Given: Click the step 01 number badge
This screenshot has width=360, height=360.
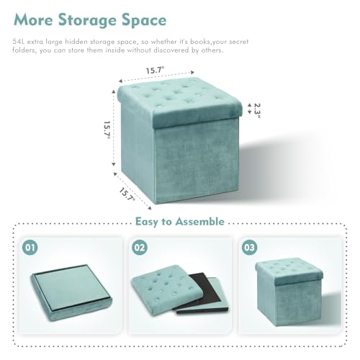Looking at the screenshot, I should tap(30, 248).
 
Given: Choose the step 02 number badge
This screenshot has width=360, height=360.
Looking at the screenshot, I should tap(139, 248).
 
